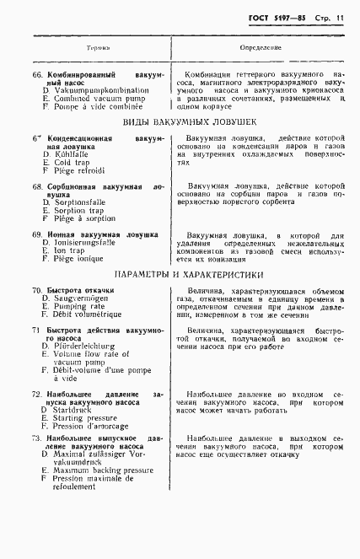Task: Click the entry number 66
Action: [37, 76]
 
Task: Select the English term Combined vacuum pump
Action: [94, 99]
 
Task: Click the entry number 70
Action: [37, 291]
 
